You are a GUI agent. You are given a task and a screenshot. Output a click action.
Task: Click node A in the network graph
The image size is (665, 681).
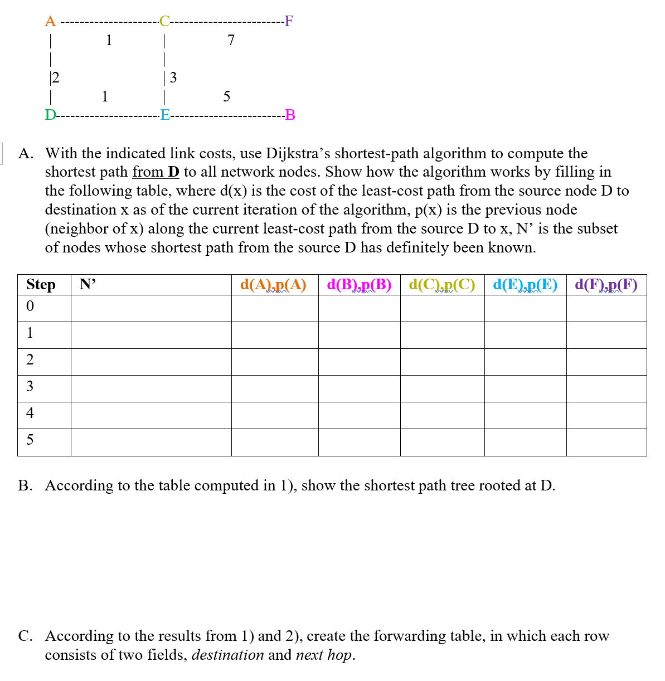pyautogui.click(x=50, y=22)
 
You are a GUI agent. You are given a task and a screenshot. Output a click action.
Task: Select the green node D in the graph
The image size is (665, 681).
pyautogui.click(x=50, y=115)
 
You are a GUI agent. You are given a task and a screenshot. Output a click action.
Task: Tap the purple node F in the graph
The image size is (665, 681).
pyautogui.click(x=288, y=22)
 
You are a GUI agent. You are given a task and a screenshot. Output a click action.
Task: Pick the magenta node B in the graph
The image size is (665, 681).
pyautogui.click(x=290, y=115)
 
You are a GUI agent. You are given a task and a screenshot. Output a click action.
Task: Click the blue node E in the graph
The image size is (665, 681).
pyautogui.click(x=165, y=115)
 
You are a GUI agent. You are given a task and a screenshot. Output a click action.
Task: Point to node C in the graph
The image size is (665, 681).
pyautogui.click(x=164, y=22)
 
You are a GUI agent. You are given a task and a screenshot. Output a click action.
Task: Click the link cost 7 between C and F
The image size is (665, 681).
pyautogui.click(x=231, y=40)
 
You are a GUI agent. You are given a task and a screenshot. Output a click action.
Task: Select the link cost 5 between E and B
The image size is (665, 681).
pyautogui.click(x=226, y=96)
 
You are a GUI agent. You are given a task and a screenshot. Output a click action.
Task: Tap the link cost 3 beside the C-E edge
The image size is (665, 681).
pyautogui.click(x=173, y=77)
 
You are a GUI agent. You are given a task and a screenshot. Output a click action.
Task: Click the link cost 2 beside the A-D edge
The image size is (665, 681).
pyautogui.click(x=56, y=77)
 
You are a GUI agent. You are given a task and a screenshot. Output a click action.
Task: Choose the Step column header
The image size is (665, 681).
pyautogui.click(x=41, y=285)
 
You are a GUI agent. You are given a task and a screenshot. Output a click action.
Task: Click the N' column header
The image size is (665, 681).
pyautogui.click(x=88, y=285)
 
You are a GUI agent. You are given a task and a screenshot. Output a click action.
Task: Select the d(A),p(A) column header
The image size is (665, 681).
pyautogui.click(x=273, y=285)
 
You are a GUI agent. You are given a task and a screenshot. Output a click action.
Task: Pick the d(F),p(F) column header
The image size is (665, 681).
pyautogui.click(x=606, y=285)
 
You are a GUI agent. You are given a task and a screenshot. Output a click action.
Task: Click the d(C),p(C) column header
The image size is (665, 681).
pyautogui.click(x=442, y=285)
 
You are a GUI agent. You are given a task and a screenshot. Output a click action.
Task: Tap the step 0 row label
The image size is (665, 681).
pyautogui.click(x=30, y=306)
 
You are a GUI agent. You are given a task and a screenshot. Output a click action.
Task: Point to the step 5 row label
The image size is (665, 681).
pyautogui.click(x=30, y=440)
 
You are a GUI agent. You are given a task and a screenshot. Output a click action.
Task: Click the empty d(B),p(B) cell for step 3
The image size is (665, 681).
pyautogui.click(x=359, y=388)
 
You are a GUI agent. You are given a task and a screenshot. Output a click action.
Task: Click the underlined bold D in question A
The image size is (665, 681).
pyautogui.click(x=174, y=172)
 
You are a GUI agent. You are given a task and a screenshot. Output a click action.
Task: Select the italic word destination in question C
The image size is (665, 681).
pyautogui.click(x=227, y=655)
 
